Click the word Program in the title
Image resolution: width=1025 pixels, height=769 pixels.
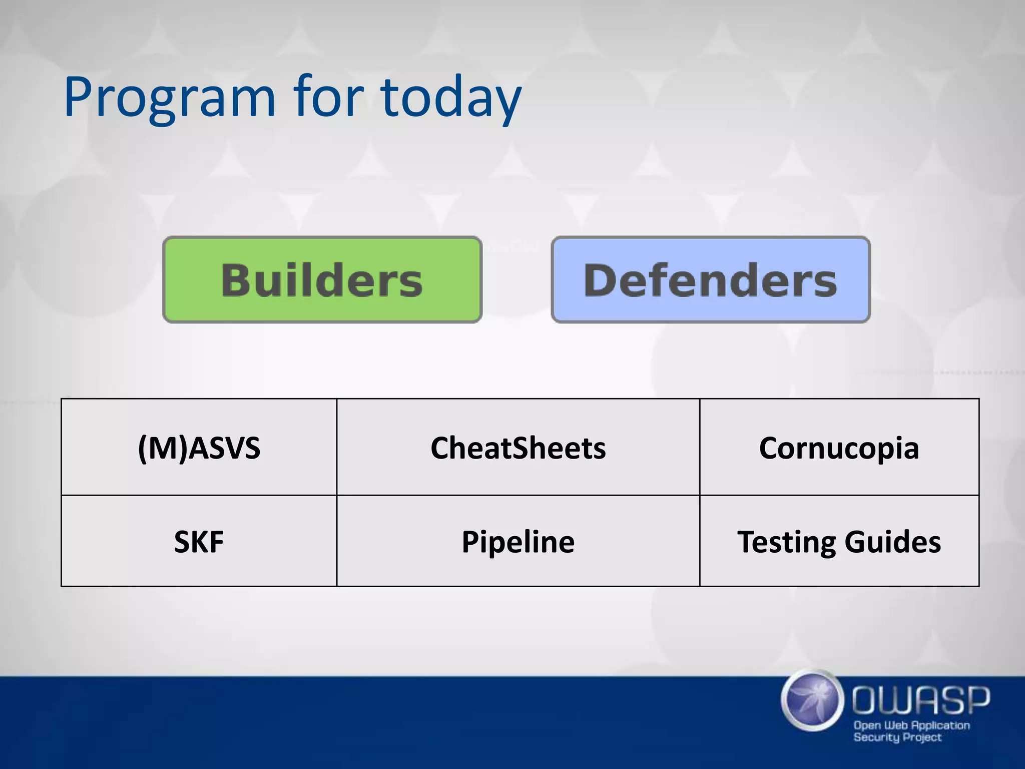(169, 98)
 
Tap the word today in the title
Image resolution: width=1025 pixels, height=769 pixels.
(450, 98)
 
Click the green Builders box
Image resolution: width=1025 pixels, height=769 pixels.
(322, 279)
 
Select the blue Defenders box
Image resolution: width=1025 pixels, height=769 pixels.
(710, 279)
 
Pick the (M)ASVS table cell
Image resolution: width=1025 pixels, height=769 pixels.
(199, 447)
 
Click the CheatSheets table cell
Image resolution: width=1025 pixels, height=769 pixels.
(518, 447)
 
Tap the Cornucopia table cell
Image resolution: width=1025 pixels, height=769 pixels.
(839, 447)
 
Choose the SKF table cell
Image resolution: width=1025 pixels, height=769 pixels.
(199, 541)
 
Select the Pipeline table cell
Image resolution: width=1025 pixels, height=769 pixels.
(518, 541)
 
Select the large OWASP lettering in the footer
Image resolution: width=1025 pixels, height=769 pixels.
(920, 700)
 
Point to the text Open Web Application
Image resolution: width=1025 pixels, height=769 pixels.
(911, 725)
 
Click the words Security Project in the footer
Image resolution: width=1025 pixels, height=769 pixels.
(897, 737)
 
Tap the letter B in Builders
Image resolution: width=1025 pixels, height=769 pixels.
(236, 280)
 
